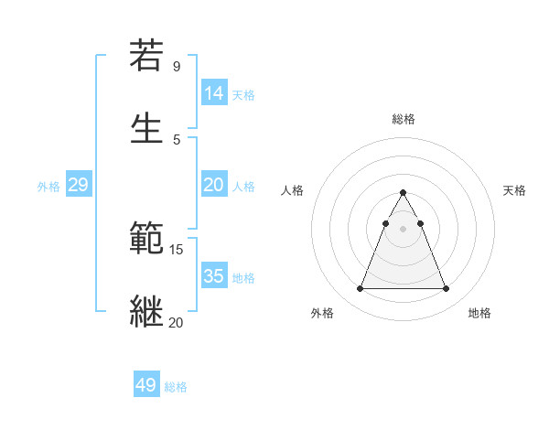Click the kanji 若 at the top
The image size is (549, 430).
click(146, 56)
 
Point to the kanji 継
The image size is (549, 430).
click(146, 309)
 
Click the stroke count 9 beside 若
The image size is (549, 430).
click(177, 67)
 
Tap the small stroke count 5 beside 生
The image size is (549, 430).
click(177, 138)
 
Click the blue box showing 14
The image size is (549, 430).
click(214, 92)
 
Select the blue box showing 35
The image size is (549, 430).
click(214, 276)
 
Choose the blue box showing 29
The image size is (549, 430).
click(78, 185)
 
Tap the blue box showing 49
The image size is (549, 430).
click(146, 385)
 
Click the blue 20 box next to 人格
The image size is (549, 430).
click(214, 185)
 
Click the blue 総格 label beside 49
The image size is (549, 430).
click(176, 387)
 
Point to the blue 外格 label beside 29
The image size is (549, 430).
click(48, 187)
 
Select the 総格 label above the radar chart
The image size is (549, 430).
click(403, 119)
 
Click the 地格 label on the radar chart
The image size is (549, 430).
click(479, 313)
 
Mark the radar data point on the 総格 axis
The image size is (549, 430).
click(403, 193)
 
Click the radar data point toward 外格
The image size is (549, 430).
click(360, 289)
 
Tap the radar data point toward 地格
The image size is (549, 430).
click(446, 289)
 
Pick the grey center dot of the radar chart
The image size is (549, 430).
click(403, 229)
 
